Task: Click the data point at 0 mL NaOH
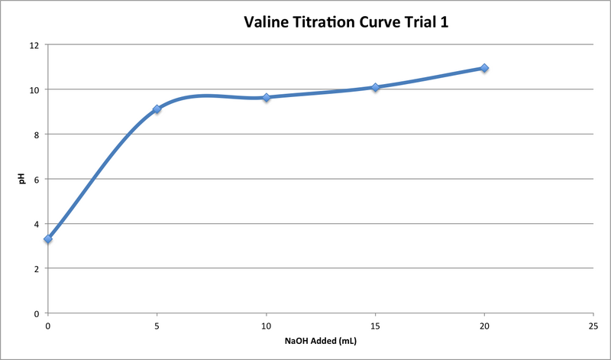[48, 239]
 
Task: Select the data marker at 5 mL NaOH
[157, 109]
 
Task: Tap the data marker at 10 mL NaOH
[267, 98]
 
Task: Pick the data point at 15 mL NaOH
[375, 87]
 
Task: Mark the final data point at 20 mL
[484, 68]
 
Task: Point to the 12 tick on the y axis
[34, 45]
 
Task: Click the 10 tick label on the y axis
[34, 89]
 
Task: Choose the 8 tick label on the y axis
[36, 135]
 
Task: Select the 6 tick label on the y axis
[36, 179]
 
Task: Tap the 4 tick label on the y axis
[36, 224]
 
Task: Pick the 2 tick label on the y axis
[36, 268]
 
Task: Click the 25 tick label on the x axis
[593, 324]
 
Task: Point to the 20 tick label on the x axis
[484, 324]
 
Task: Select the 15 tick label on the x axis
[375, 324]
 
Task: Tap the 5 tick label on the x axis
[157, 324]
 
